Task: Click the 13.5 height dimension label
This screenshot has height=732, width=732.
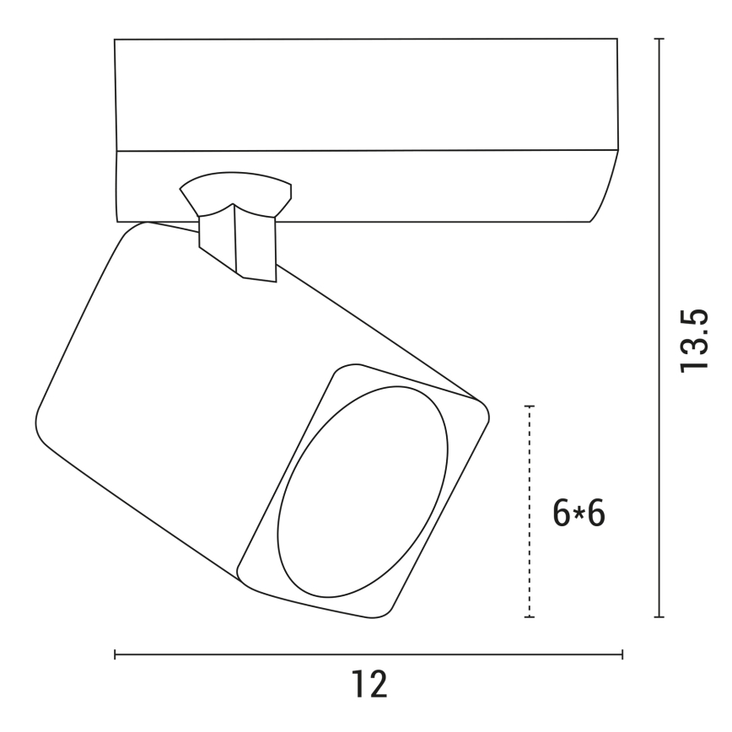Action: (695, 341)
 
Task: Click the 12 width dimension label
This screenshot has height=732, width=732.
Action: (369, 685)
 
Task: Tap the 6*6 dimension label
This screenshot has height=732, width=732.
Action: (579, 513)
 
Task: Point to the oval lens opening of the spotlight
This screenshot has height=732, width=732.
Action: (363, 492)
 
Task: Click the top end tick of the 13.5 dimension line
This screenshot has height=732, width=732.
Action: (659, 39)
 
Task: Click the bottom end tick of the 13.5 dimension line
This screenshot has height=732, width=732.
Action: (659, 617)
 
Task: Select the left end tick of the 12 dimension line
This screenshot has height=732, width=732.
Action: (115, 654)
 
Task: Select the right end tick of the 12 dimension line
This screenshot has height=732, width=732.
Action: (622, 654)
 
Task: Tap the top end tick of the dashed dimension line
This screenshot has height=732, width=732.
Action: (529, 406)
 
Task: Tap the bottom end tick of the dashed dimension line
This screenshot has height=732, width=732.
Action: (529, 617)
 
